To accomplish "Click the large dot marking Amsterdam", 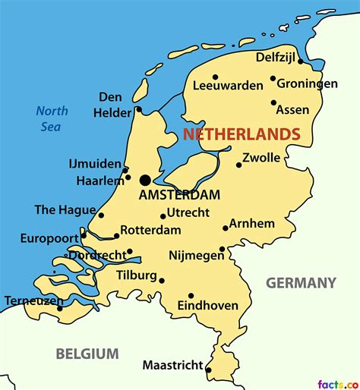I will pos(145,180).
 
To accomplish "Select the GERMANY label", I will pos(300,283).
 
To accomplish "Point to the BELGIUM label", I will pos(87,354).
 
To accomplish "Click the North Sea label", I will pos(52,118).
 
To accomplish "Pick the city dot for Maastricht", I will pos(209,370).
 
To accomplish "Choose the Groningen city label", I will pos(307,83).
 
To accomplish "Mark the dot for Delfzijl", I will pos(301,61).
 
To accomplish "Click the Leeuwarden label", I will pos(228,86).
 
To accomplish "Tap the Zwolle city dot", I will pos(238,165).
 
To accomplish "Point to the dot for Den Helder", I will pos(138,110).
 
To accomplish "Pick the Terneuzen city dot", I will pos(60,308).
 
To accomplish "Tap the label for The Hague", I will pos(65,210).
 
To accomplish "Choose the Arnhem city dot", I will pos(226,228).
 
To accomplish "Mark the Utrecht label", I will pos(188,212).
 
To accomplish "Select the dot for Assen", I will pos(273,102).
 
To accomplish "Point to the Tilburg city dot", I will pos(162,280).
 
